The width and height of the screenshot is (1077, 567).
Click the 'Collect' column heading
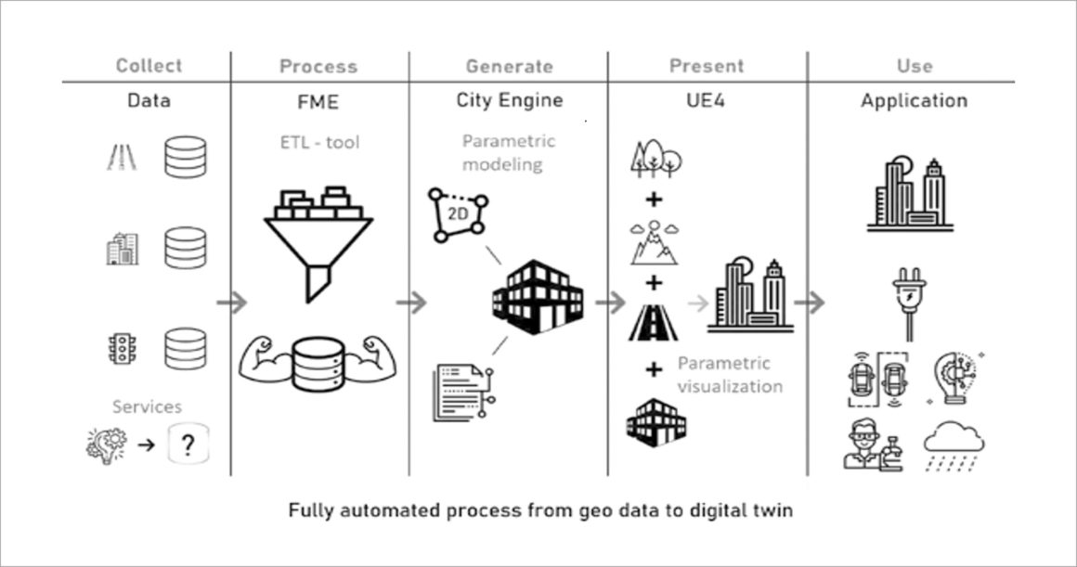click(x=148, y=66)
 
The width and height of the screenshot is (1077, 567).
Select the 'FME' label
click(x=318, y=100)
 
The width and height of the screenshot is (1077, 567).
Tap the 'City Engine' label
click(x=509, y=100)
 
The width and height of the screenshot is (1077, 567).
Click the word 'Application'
click(x=914, y=100)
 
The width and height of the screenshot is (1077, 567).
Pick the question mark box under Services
click(x=188, y=446)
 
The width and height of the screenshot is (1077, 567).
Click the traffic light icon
click(x=121, y=349)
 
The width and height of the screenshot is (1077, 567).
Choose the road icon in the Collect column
click(x=121, y=158)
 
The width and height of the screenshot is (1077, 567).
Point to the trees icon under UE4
click(x=655, y=158)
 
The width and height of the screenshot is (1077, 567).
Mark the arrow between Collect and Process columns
click(x=231, y=303)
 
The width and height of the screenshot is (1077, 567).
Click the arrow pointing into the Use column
click(x=810, y=303)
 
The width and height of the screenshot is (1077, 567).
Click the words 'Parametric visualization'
click(x=729, y=375)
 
